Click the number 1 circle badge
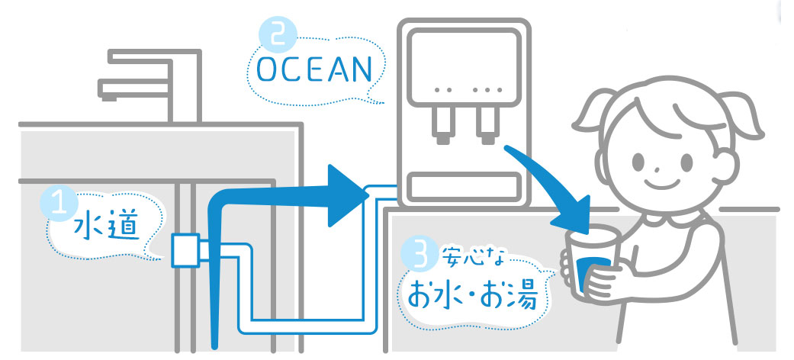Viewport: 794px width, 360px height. (x=59, y=204)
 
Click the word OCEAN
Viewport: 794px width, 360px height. (x=314, y=70)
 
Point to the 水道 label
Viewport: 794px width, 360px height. (x=106, y=228)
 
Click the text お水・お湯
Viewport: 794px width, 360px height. (x=472, y=297)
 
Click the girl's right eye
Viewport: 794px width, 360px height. (x=686, y=162)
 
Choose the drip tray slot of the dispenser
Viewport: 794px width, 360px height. (x=465, y=185)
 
